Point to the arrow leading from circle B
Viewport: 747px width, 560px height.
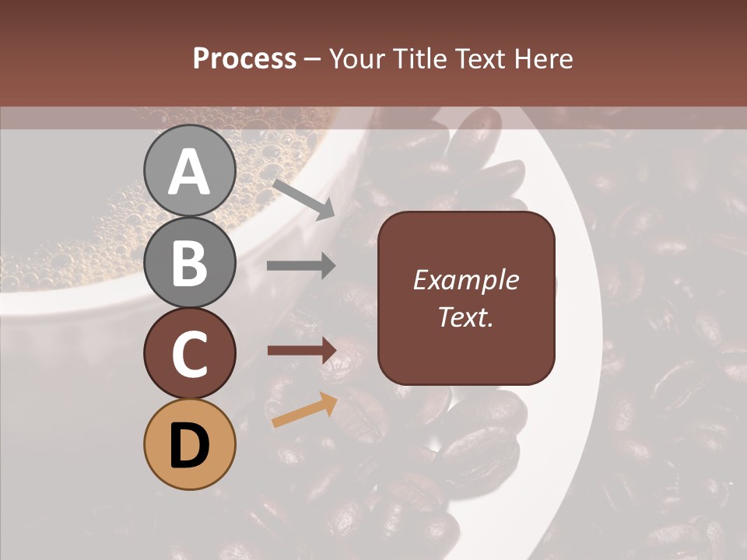point(302,266)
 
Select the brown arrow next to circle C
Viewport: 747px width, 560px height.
point(302,350)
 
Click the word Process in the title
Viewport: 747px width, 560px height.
point(244,58)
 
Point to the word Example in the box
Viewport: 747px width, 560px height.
point(466,280)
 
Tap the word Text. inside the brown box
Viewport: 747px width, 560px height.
point(466,317)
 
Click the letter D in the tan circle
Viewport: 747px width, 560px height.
point(190,446)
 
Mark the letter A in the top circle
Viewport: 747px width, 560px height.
point(190,172)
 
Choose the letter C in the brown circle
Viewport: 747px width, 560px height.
point(190,354)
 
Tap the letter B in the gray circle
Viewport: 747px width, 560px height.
point(190,262)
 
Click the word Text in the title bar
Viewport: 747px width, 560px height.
point(479,58)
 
